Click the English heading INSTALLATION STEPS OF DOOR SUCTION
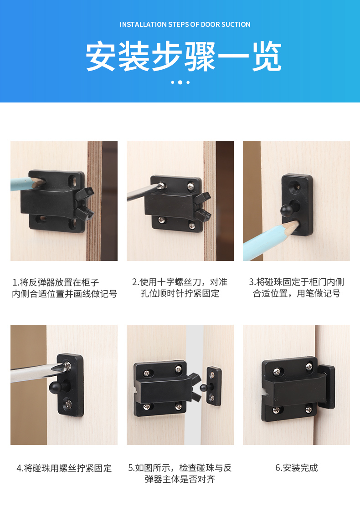pos(185,25)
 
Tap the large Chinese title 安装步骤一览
pos(184,56)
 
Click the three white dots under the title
pos(180,82)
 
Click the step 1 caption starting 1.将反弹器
pos(64,288)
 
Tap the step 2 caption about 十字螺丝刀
pos(180,288)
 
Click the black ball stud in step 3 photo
pos(287,210)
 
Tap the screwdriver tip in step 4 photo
pos(63,367)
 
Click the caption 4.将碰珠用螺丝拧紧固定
pos(64,468)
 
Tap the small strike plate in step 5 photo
pos(213,386)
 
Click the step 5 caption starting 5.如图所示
pos(180,473)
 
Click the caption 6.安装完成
pos(297,468)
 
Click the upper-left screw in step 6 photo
pos(277,371)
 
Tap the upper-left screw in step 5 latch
pos(147,373)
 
